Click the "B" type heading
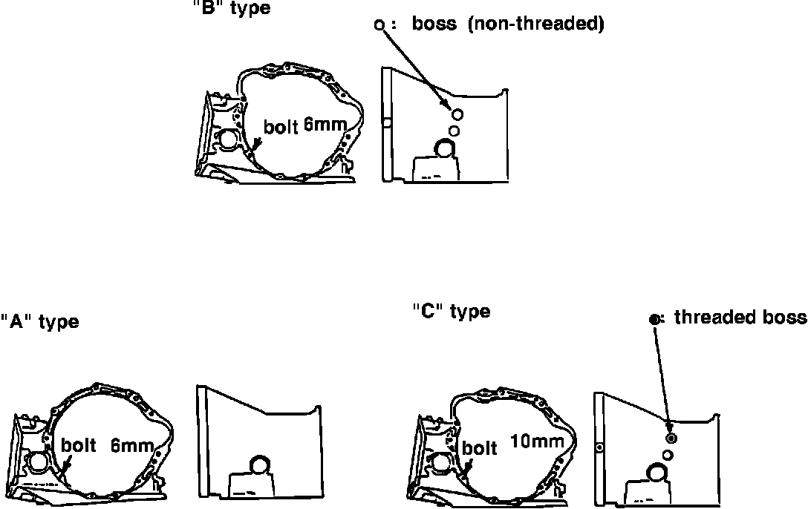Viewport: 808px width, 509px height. (231, 9)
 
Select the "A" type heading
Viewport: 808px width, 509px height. (39, 322)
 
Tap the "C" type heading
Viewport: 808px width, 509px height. (451, 311)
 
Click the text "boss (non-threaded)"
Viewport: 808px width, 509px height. (508, 24)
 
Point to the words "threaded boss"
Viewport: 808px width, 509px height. (740, 318)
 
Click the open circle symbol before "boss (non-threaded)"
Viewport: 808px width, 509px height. (379, 24)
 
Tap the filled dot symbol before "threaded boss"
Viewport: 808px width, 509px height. (654, 319)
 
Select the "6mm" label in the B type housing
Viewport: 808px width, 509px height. (325, 125)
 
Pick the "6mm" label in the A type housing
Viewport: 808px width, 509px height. (131, 446)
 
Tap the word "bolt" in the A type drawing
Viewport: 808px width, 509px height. (78, 446)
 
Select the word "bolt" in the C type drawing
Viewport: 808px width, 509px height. (479, 448)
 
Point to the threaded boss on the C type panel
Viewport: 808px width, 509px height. (671, 426)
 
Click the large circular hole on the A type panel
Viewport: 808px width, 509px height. (260, 465)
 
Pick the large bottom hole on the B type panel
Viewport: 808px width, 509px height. (446, 148)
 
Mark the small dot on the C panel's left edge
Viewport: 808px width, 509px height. (599, 447)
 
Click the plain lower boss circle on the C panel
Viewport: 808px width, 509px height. (668, 453)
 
